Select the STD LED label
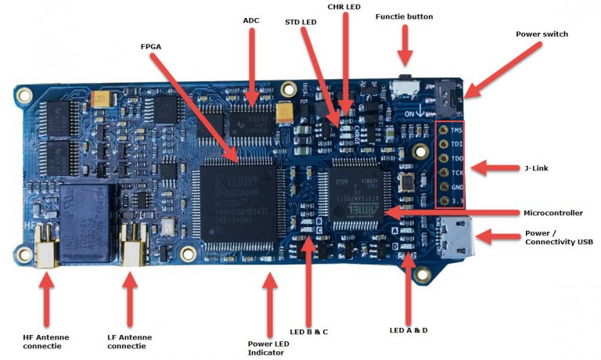pyautogui.click(x=300, y=23)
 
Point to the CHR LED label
pyautogui.click(x=344, y=6)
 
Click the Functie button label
pyautogui.click(x=404, y=16)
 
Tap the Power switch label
pyautogui.click(x=542, y=34)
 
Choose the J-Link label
pyautogui.click(x=540, y=167)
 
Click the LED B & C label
pyautogui.click(x=308, y=332)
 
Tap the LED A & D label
pyautogui.click(x=408, y=329)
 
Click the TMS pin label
pyautogui.click(x=457, y=131)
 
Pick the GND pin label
pyautogui.click(x=457, y=188)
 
